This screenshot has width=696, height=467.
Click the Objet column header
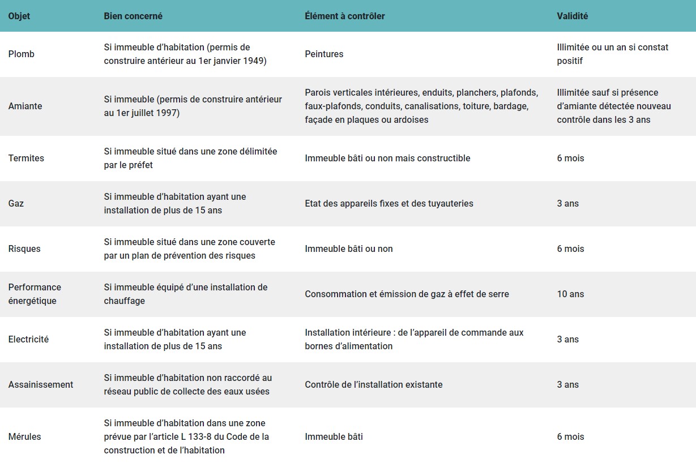(19, 16)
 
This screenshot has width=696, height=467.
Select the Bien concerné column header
(133, 16)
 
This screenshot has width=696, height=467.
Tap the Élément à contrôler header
(344, 16)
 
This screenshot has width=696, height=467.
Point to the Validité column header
(572, 16)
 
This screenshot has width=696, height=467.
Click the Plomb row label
(22, 54)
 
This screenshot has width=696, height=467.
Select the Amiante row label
(25, 106)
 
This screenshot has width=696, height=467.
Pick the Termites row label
(26, 158)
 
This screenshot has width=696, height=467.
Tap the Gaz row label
(16, 204)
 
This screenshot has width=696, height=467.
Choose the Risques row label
(24, 249)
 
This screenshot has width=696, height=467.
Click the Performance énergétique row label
(35, 294)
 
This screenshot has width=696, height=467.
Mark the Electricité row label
(28, 340)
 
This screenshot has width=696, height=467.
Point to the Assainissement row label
(41, 385)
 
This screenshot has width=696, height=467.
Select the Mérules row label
(25, 437)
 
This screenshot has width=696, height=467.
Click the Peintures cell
(324, 54)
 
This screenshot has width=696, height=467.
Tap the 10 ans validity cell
(570, 294)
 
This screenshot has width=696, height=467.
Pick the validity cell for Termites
(570, 158)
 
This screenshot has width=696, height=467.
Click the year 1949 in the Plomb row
(255, 61)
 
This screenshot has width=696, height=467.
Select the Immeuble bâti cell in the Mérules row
(334, 437)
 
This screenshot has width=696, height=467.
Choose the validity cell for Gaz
(567, 204)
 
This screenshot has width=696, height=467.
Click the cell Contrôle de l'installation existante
(373, 385)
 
